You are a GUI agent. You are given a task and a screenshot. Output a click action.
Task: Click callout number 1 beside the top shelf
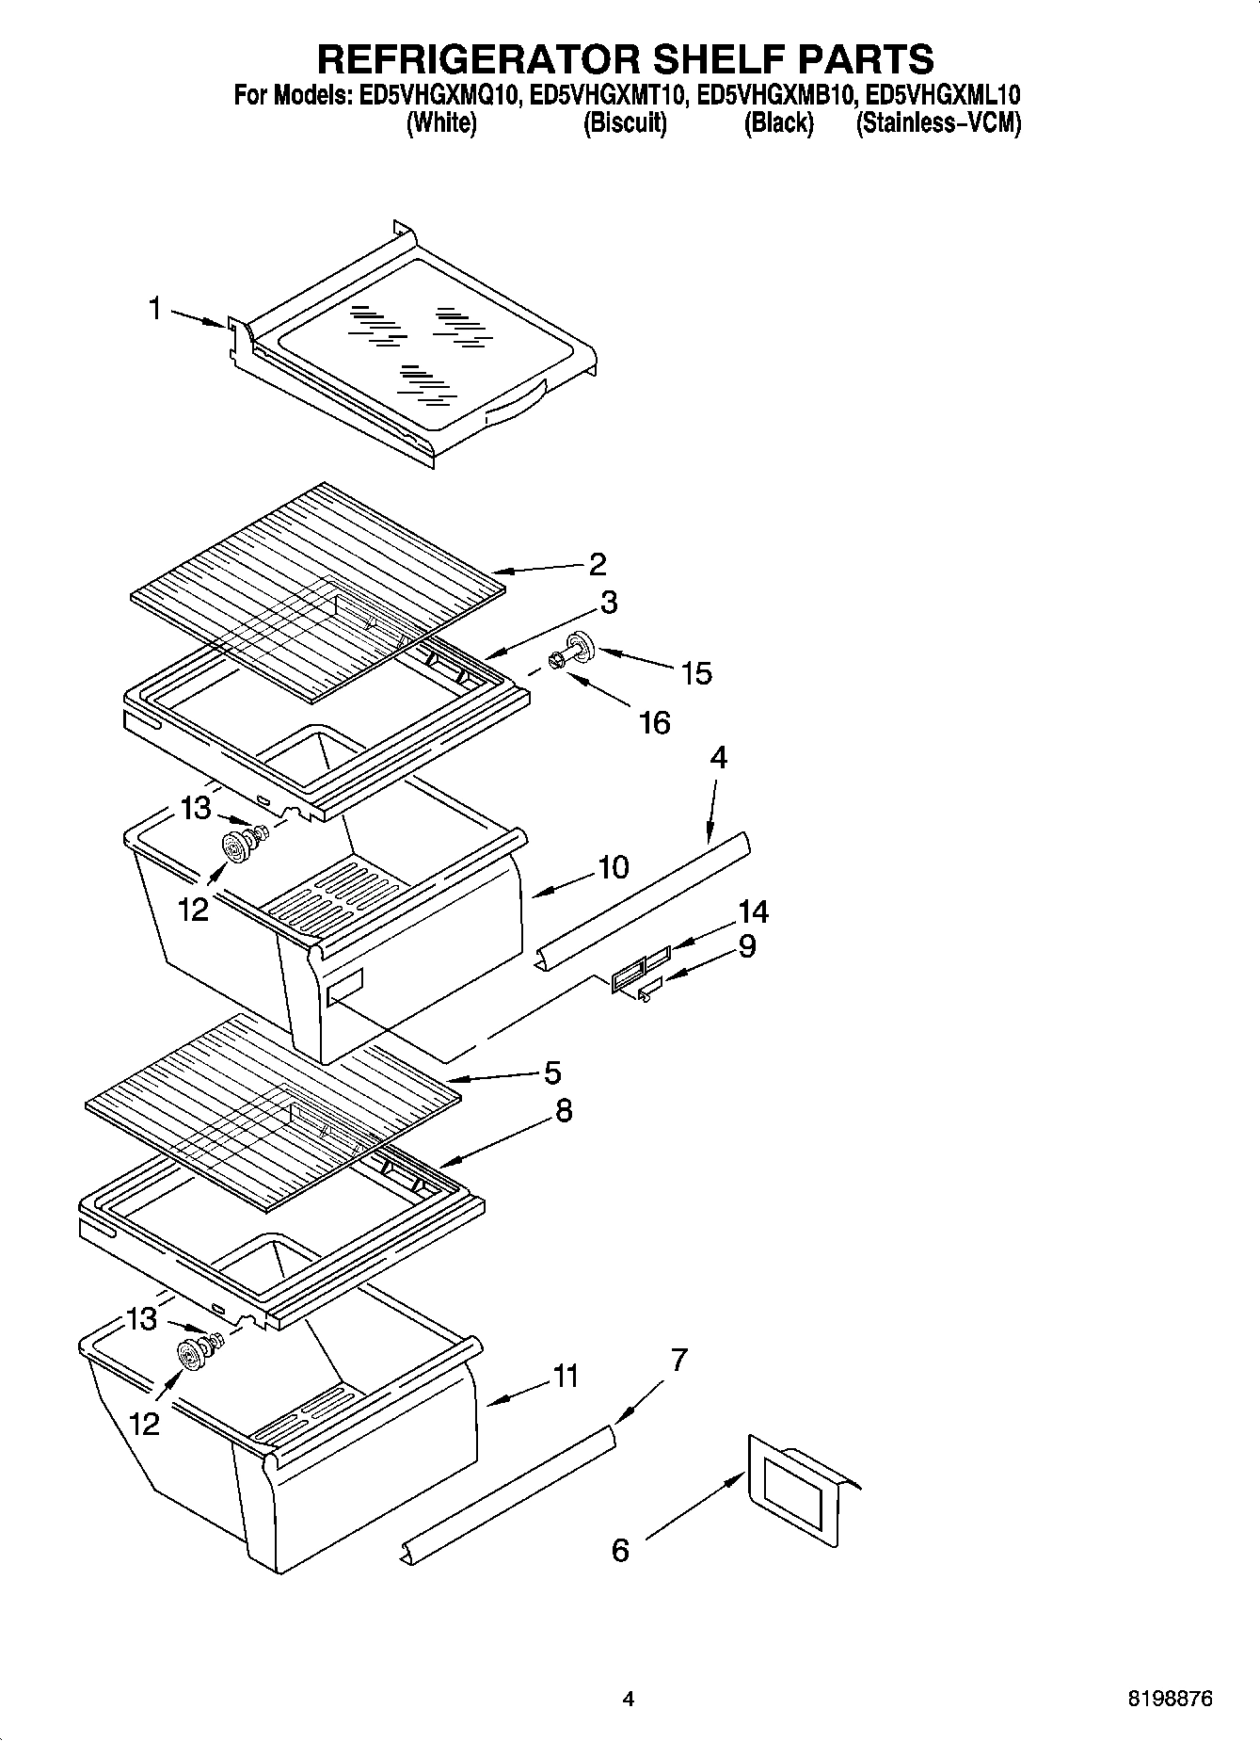tap(155, 309)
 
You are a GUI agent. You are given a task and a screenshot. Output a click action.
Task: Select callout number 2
tap(598, 564)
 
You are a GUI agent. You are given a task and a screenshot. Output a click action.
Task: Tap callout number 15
tap(696, 673)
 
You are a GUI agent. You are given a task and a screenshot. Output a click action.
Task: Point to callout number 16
tap(654, 722)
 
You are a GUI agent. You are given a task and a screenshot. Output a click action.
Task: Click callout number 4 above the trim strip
tap(718, 757)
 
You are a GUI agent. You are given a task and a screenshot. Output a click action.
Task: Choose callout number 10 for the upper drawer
tap(613, 867)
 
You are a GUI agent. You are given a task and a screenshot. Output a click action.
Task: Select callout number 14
tap(753, 911)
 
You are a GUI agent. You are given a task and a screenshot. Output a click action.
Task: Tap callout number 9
tap(746, 945)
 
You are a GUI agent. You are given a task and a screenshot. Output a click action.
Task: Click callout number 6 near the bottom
tap(620, 1550)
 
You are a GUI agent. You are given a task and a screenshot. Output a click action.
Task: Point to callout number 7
tap(679, 1360)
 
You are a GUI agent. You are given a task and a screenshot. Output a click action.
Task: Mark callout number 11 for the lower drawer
tap(565, 1377)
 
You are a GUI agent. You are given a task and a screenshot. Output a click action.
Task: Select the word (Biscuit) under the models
tap(625, 123)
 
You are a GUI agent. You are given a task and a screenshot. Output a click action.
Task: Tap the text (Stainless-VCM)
tap(937, 123)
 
